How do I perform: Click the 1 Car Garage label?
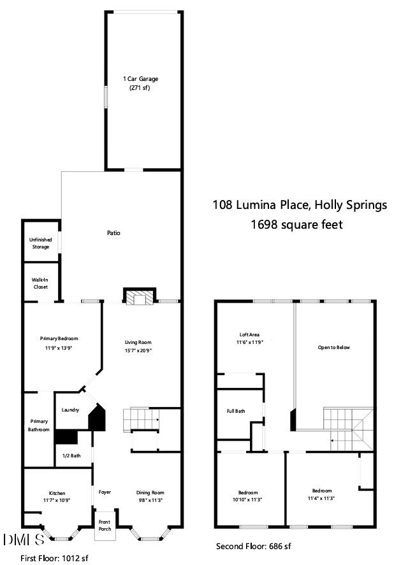point(140,79)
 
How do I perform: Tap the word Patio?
point(113,233)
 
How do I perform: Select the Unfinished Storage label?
point(41,243)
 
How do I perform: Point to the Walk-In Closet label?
point(41,283)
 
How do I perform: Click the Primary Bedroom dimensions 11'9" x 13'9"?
point(61,348)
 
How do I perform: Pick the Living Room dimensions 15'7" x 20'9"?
point(138,350)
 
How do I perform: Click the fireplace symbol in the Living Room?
point(138,297)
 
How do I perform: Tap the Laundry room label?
point(70,410)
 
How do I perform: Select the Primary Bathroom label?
point(40,426)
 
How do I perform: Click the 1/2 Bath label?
point(71,455)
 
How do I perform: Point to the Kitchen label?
point(57,493)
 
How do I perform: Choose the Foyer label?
point(105,492)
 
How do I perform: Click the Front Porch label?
point(105,526)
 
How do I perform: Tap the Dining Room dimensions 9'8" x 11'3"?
point(150,501)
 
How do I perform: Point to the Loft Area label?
point(249,334)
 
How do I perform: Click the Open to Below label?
point(334,347)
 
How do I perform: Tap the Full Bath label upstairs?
point(236,411)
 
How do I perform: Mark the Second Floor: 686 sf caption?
point(254,547)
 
